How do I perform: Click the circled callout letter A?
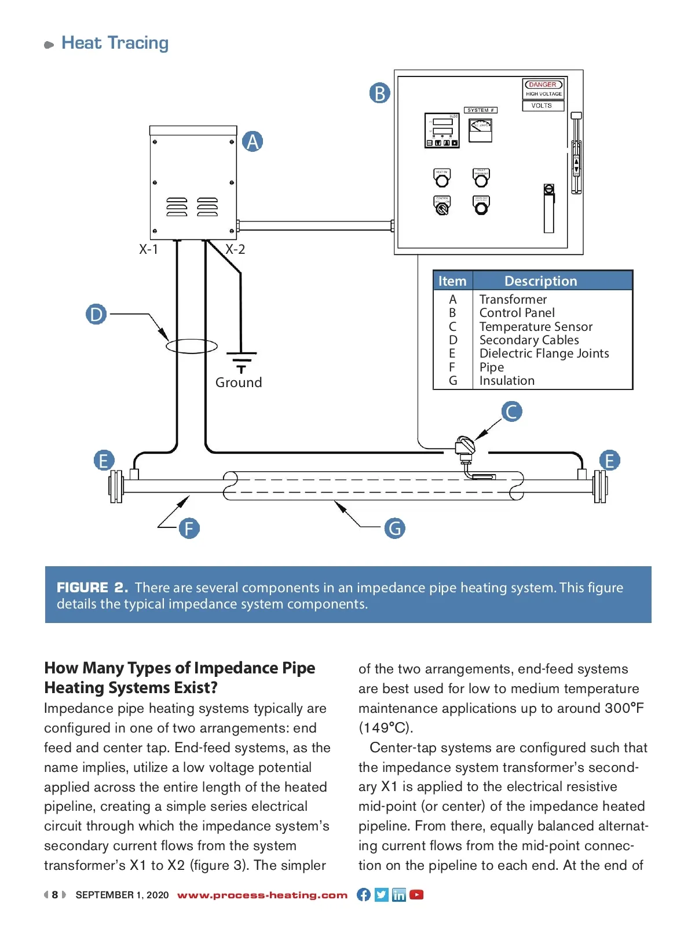pos(253,141)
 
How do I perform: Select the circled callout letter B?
pos(380,93)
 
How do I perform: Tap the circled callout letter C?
pos(511,411)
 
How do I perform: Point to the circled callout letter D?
pos(96,314)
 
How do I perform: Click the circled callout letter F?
pos(189,529)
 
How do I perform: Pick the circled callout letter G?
pos(395,529)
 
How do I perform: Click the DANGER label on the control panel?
pos(543,85)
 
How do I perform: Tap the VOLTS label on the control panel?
pos(542,105)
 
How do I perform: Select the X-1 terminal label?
pos(148,249)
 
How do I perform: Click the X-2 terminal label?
pos(235,249)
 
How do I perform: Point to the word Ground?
pos(239,382)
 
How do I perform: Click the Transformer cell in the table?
pos(513,300)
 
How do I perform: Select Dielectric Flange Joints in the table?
pos(544,354)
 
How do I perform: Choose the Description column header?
pos(540,281)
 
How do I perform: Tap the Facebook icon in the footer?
pos(364,895)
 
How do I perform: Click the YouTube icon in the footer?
pos(416,895)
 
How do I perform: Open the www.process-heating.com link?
pos(262,895)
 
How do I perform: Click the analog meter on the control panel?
pos(480,130)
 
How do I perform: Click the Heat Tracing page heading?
pos(115,43)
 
